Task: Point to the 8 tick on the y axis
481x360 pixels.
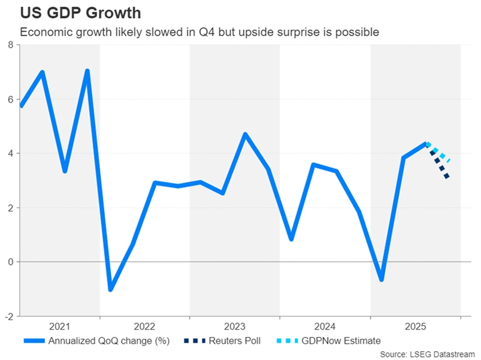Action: tap(11, 45)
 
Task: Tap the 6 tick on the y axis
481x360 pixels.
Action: tap(11, 99)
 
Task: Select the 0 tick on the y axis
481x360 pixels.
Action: tap(11, 262)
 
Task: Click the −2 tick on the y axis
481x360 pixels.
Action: tap(9, 316)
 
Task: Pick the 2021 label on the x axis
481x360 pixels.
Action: tap(60, 326)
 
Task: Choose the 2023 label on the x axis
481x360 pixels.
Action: tap(235, 326)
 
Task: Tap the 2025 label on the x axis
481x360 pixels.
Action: tap(415, 326)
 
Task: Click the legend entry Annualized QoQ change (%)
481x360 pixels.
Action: tap(108, 341)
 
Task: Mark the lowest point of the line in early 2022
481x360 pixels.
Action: tap(110, 289)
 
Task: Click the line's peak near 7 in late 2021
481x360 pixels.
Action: tap(88, 71)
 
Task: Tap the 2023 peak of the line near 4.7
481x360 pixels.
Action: tap(245, 134)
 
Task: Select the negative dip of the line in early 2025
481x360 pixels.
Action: tap(381, 279)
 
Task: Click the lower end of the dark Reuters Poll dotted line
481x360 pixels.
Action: tap(447, 177)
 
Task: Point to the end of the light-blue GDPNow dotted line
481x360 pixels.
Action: tap(448, 161)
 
